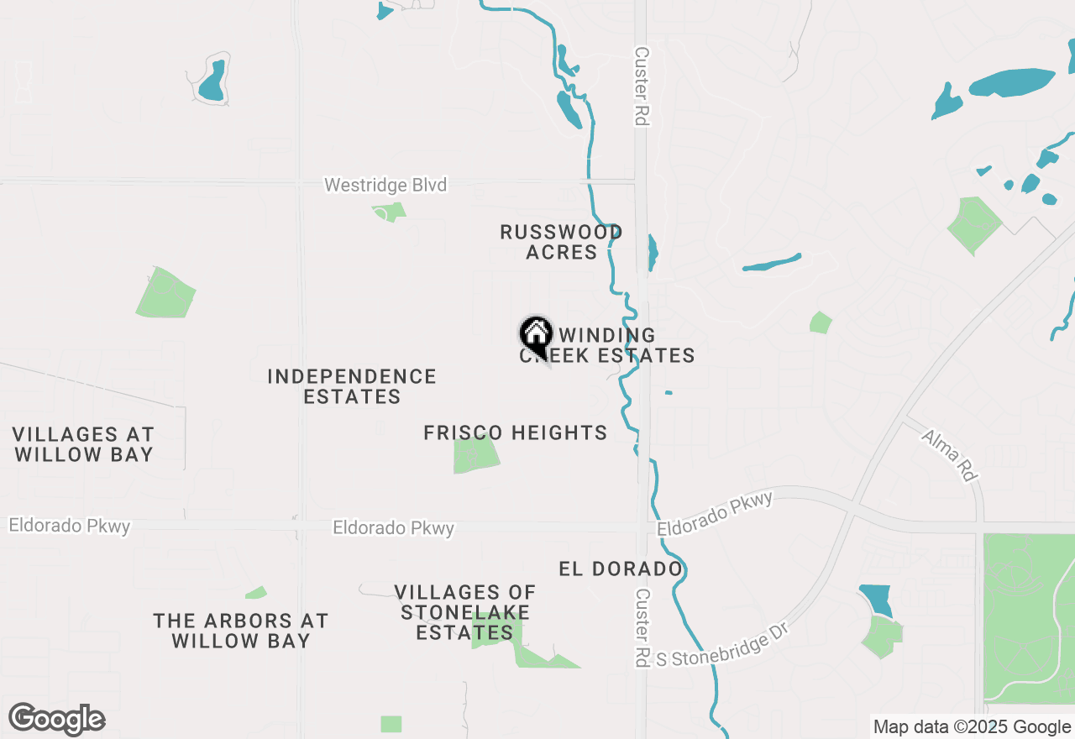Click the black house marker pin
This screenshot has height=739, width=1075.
point(535,335)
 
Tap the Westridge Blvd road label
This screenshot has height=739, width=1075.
point(385,185)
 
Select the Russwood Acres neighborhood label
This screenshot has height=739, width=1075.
point(561,242)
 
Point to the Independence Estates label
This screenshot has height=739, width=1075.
point(352,386)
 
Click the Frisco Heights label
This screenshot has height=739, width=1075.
point(515,433)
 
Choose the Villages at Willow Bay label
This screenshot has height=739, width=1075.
point(83,444)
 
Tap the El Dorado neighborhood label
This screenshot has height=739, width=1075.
point(620,569)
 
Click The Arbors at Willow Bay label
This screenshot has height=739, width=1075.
point(240,631)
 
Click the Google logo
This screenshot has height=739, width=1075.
point(56,719)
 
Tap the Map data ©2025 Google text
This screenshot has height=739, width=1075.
point(972,727)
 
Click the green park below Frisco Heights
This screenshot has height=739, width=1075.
point(476,455)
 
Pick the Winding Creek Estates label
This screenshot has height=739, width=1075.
point(617,346)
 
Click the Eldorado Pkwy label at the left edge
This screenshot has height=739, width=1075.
point(69,526)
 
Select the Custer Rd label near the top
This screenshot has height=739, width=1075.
point(642,86)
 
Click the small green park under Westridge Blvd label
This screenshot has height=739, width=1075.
point(389,212)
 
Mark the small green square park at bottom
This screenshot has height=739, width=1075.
point(391,724)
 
